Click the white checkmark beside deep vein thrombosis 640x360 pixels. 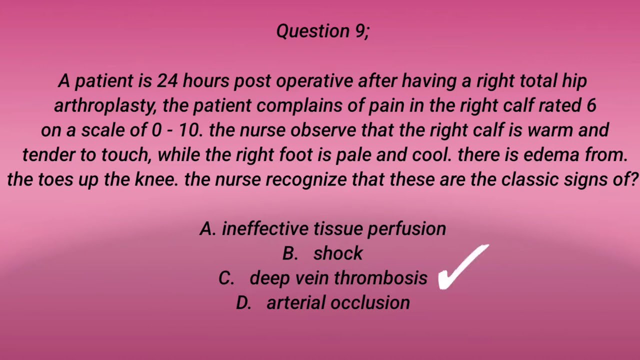[462, 268]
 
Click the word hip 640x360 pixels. [574, 80]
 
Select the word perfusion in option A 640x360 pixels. [406, 228]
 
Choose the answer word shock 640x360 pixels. [338, 253]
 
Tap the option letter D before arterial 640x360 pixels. [243, 302]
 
